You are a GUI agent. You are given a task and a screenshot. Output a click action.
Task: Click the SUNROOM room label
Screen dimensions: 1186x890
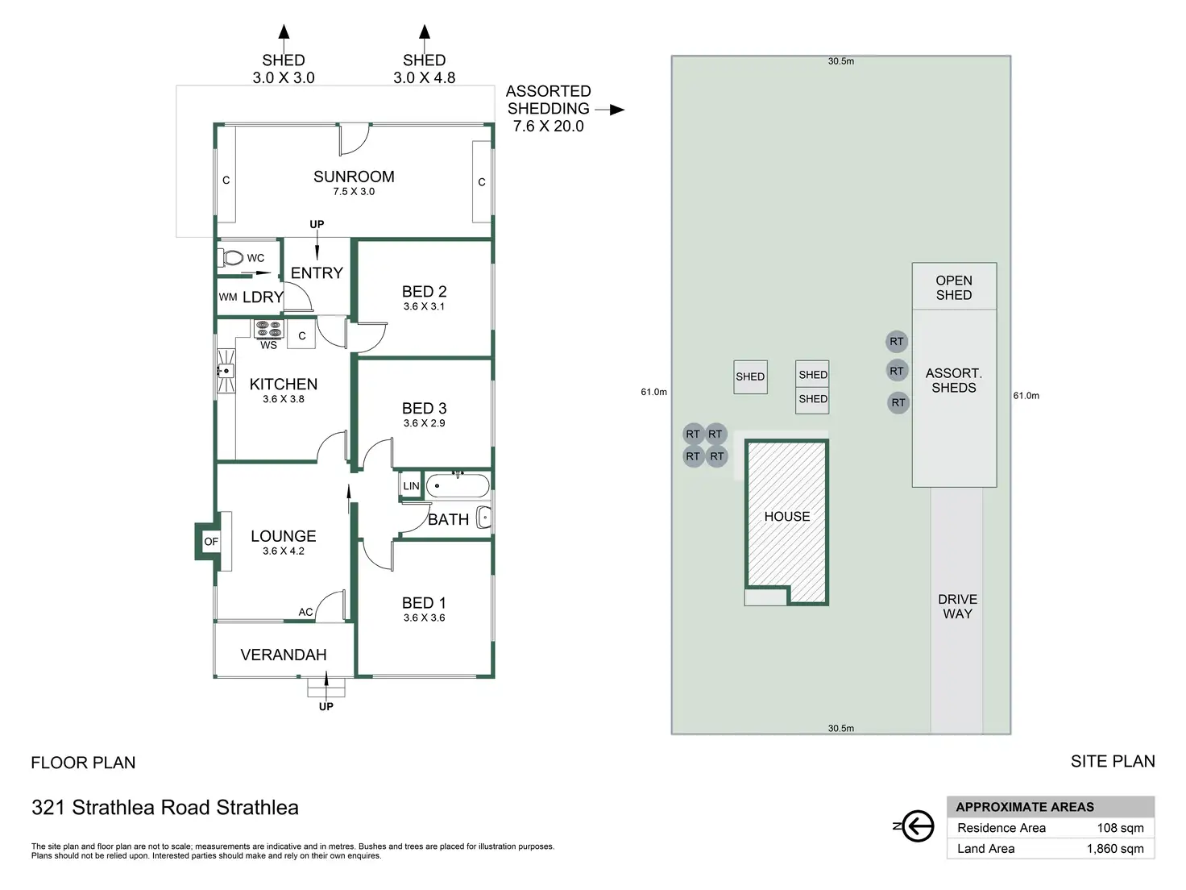pyautogui.click(x=354, y=177)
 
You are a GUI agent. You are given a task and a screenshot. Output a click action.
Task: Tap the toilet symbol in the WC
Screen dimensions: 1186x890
pyautogui.click(x=232, y=258)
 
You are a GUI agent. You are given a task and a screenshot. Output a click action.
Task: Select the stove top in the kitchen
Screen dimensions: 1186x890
pyautogui.click(x=268, y=329)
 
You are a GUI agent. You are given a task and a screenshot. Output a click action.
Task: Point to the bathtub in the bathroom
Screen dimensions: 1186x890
pyautogui.click(x=457, y=486)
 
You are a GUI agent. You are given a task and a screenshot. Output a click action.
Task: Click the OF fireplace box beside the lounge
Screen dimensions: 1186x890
pyautogui.click(x=211, y=542)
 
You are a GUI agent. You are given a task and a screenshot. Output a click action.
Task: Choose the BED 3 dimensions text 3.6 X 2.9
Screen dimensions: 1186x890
pyautogui.click(x=424, y=423)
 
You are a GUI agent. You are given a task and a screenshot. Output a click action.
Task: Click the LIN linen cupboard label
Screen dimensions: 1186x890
pyautogui.click(x=411, y=486)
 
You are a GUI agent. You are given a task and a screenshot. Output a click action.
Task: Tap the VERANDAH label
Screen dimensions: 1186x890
pyautogui.click(x=284, y=655)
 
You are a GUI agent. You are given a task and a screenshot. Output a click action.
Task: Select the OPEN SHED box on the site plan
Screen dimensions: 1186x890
pyautogui.click(x=954, y=287)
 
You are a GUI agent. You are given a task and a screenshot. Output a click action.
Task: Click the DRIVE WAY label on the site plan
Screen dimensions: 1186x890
pyautogui.click(x=957, y=606)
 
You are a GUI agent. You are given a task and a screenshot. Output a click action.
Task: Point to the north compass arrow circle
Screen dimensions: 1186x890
pyautogui.click(x=918, y=826)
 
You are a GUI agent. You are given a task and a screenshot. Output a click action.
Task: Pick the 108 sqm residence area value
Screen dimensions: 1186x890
pyautogui.click(x=1120, y=828)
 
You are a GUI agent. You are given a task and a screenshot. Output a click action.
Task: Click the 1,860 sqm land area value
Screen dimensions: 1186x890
pyautogui.click(x=1115, y=848)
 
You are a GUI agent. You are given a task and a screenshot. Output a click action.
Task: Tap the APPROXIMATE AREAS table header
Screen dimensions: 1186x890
pyautogui.click(x=1025, y=807)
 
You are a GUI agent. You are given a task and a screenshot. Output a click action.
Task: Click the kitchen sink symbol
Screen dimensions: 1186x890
pyautogui.click(x=225, y=371)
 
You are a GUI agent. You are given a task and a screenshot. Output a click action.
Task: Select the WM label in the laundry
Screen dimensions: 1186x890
pyautogui.click(x=228, y=297)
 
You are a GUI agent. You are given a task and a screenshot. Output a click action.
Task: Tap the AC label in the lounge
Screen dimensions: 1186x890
pyautogui.click(x=305, y=612)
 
